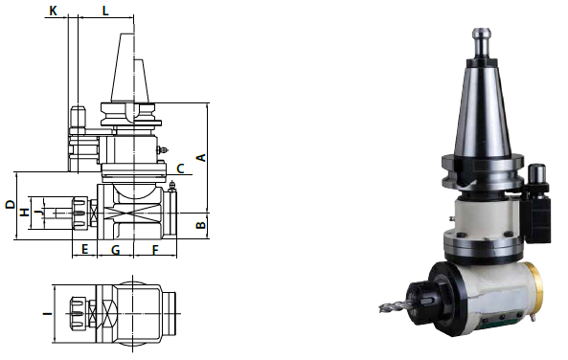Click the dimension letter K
click(x=53, y=11)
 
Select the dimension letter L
click(x=105, y=11)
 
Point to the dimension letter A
click(x=201, y=158)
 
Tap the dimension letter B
click(x=201, y=225)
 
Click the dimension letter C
click(x=180, y=169)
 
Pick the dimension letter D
click(x=11, y=204)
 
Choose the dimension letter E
click(x=84, y=249)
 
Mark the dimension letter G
click(x=116, y=250)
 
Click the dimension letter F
click(x=155, y=250)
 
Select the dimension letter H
click(x=24, y=213)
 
